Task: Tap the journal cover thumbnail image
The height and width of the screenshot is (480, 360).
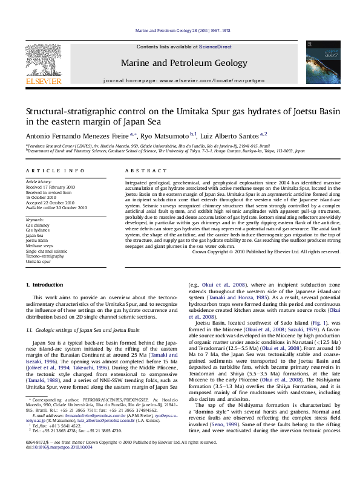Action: tap(319, 62)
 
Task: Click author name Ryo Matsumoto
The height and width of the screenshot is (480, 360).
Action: tap(165, 134)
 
